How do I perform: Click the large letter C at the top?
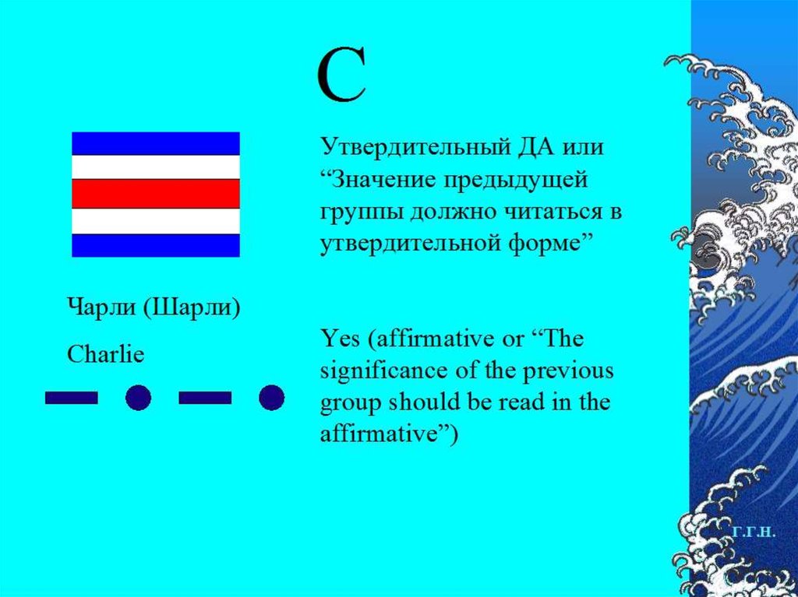[341, 77]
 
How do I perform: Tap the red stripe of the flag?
[156, 194]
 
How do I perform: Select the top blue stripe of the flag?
[156, 143]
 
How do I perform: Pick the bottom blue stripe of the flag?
[156, 245]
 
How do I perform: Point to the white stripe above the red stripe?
[156, 167]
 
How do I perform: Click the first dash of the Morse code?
[72, 398]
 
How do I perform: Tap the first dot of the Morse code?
[138, 398]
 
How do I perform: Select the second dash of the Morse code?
[205, 398]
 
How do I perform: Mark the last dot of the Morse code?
[271, 398]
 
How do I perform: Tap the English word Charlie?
[106, 355]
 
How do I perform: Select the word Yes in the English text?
[341, 339]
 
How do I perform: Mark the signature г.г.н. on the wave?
[754, 532]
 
